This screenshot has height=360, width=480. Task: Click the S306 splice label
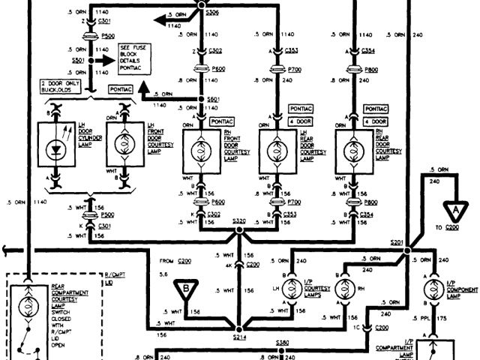pos(213,13)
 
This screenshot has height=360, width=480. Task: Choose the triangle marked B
pos(182,288)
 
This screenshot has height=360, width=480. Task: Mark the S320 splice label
pos(239,221)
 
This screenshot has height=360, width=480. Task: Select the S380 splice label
pos(282,343)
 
